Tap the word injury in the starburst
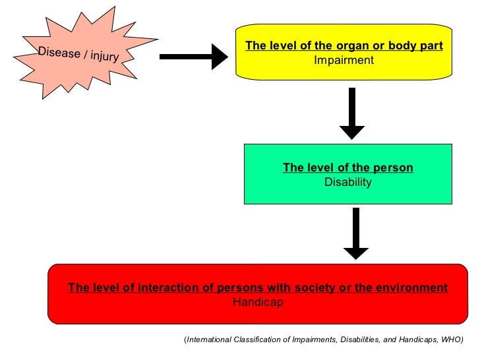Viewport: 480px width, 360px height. (104, 57)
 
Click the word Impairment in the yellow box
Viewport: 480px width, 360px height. (344, 60)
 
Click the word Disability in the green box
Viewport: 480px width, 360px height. (348, 182)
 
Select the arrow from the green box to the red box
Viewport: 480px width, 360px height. (356, 233)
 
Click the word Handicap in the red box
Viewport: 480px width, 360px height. (258, 302)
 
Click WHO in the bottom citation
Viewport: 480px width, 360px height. (450, 340)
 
